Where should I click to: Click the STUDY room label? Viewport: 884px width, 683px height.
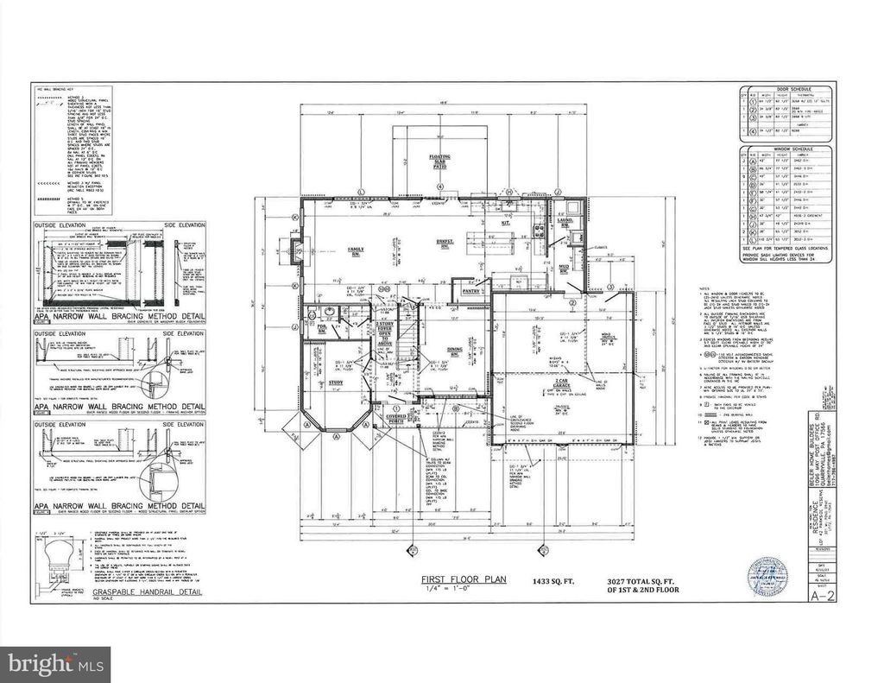pyautogui.click(x=336, y=382)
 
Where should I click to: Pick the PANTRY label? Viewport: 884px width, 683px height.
pyautogui.click(x=470, y=292)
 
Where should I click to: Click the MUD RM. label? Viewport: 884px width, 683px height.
pyautogui.click(x=562, y=268)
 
